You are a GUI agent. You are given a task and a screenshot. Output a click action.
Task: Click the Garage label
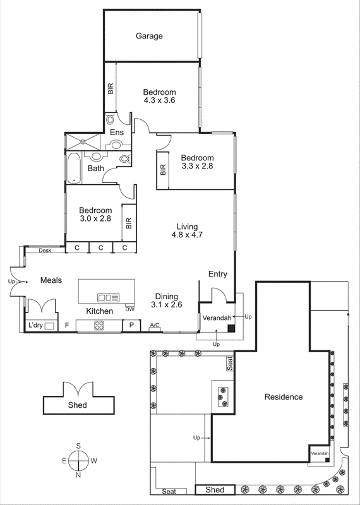(149, 36)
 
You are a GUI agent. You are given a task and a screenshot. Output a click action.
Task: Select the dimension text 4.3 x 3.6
(159, 100)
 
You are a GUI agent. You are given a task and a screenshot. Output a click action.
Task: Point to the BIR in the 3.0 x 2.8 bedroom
(129, 223)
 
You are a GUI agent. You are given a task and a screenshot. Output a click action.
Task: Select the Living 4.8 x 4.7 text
(187, 231)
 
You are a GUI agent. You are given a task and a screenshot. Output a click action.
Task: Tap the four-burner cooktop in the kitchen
(99, 326)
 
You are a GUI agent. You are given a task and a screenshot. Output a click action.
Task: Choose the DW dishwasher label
(129, 309)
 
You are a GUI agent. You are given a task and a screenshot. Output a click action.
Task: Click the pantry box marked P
(131, 326)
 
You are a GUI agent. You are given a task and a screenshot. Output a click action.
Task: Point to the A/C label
(154, 326)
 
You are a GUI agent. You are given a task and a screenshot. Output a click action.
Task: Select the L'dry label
(35, 326)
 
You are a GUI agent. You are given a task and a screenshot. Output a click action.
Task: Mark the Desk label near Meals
(44, 251)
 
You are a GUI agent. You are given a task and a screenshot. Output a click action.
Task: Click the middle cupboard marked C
(100, 248)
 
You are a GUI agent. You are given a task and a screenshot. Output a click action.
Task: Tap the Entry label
(217, 274)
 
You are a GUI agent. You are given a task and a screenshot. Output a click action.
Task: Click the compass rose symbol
(78, 461)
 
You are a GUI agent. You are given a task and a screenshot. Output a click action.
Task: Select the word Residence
(283, 397)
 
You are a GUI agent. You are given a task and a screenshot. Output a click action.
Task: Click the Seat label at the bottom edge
(169, 491)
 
